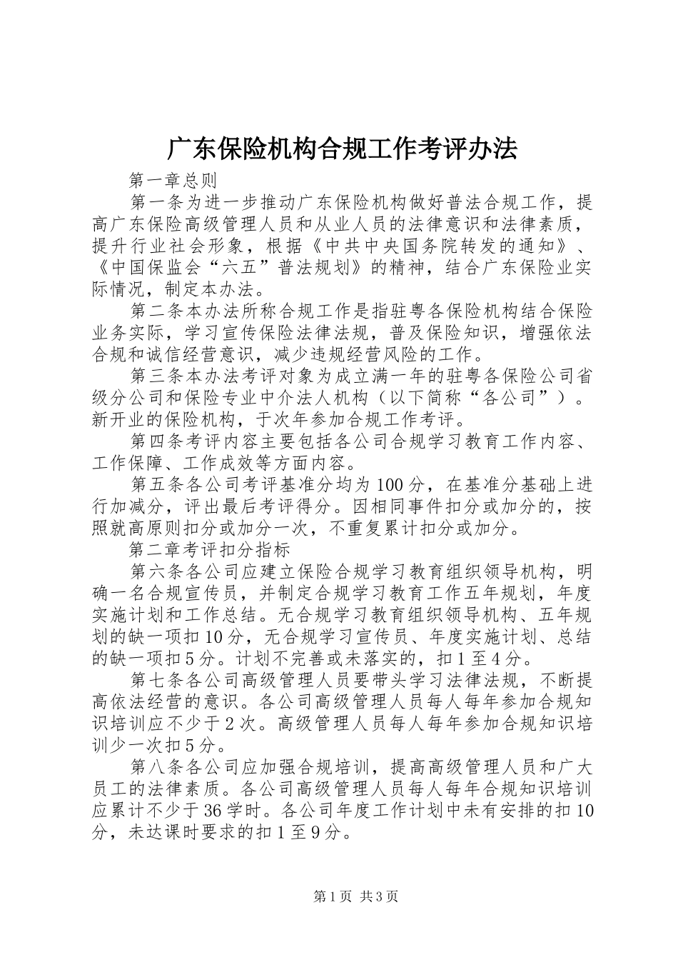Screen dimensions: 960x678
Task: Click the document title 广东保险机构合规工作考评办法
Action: [x=341, y=149]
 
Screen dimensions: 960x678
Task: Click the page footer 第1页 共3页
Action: [x=355, y=896]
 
